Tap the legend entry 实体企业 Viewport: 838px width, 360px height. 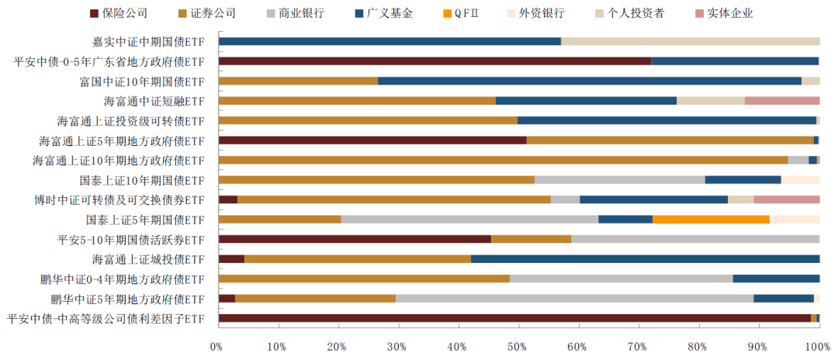pos(729,13)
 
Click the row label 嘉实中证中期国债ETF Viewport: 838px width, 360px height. pos(147,41)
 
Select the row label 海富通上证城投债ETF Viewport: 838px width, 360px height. pos(148,259)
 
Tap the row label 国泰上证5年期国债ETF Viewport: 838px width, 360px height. pos(145,220)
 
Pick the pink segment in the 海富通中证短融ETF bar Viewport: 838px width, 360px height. pos(781,101)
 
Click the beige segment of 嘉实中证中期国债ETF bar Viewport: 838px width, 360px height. pos(690,41)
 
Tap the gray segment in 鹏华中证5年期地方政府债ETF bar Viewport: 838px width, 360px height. pos(574,298)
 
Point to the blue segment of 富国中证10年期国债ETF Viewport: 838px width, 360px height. pos(589,81)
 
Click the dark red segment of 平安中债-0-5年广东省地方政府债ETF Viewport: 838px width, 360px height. pos(435,61)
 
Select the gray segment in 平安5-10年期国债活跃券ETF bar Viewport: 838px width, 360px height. pos(695,239)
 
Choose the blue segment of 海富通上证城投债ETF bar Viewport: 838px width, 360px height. pos(645,259)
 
